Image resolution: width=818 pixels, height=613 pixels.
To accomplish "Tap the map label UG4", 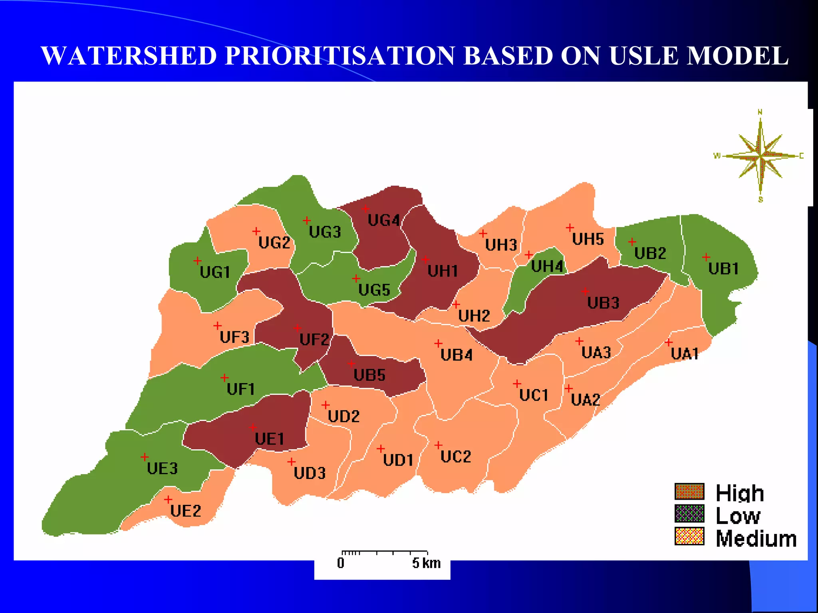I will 383,220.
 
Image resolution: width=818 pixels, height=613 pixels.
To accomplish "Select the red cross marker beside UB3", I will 585,291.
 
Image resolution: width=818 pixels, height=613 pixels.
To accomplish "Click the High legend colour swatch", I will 689,492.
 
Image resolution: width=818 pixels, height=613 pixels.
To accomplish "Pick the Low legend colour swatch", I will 689,514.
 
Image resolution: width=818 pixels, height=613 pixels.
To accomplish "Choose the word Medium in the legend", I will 756,539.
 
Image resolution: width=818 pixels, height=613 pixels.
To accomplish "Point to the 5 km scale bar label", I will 426,563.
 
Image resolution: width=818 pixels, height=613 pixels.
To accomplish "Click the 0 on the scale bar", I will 340,563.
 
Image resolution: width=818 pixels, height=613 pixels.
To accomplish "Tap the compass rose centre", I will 760,156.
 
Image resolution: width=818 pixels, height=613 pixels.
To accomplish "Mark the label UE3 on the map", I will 162,468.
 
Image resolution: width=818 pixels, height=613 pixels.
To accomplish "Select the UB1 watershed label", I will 723,269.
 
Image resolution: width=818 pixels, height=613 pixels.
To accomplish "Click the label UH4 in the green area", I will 547,266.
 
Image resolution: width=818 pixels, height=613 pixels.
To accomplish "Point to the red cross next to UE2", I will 168,499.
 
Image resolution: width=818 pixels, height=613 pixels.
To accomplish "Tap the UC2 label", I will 456,457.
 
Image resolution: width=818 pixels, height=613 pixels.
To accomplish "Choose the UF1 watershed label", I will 240,389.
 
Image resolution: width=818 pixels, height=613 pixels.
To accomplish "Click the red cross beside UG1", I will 197,261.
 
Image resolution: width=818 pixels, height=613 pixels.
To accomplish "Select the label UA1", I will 685,354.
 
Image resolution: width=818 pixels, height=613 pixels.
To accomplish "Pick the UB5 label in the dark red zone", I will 369,375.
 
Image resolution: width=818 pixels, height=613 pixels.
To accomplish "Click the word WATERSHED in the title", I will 129,56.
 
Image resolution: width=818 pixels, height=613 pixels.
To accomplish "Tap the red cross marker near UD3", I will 291,462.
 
